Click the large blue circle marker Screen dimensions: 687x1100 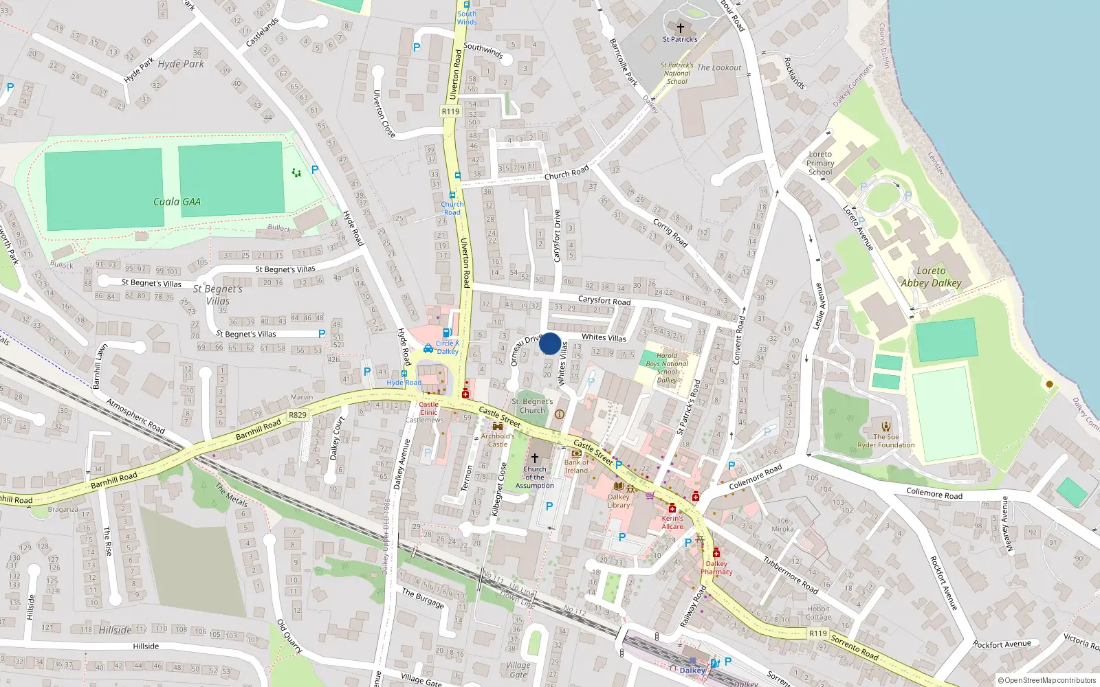[x=550, y=343]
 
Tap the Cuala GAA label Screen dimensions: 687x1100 [x=177, y=202]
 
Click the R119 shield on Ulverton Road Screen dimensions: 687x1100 [x=450, y=111]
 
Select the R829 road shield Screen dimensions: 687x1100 [x=298, y=415]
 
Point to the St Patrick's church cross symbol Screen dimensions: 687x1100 [x=681, y=28]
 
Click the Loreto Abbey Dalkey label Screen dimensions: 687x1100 [x=931, y=277]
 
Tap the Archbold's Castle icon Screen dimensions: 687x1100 [x=498, y=427]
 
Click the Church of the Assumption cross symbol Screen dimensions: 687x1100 [x=534, y=458]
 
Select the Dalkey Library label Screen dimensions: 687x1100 [x=619, y=501]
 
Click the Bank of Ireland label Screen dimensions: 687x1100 [x=576, y=466]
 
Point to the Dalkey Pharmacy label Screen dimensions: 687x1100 [x=716, y=567]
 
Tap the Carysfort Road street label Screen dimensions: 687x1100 [x=604, y=300]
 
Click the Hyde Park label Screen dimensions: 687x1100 [x=181, y=64]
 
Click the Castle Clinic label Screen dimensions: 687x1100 [x=428, y=409]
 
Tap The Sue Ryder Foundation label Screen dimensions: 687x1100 [x=885, y=440]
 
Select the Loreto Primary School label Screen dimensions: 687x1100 [x=820, y=163]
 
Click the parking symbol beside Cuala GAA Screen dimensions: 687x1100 [x=315, y=170]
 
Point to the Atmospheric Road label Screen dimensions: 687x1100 [x=135, y=416]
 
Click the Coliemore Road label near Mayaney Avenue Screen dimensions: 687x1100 [x=934, y=493]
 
